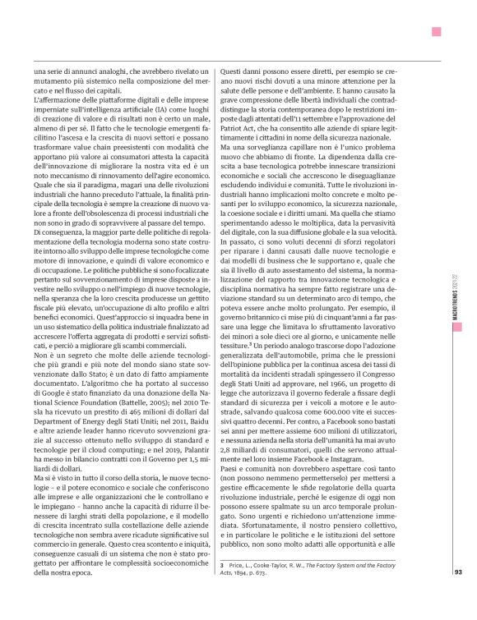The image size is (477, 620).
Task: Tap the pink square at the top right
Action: pyautogui.click(x=437, y=30)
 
